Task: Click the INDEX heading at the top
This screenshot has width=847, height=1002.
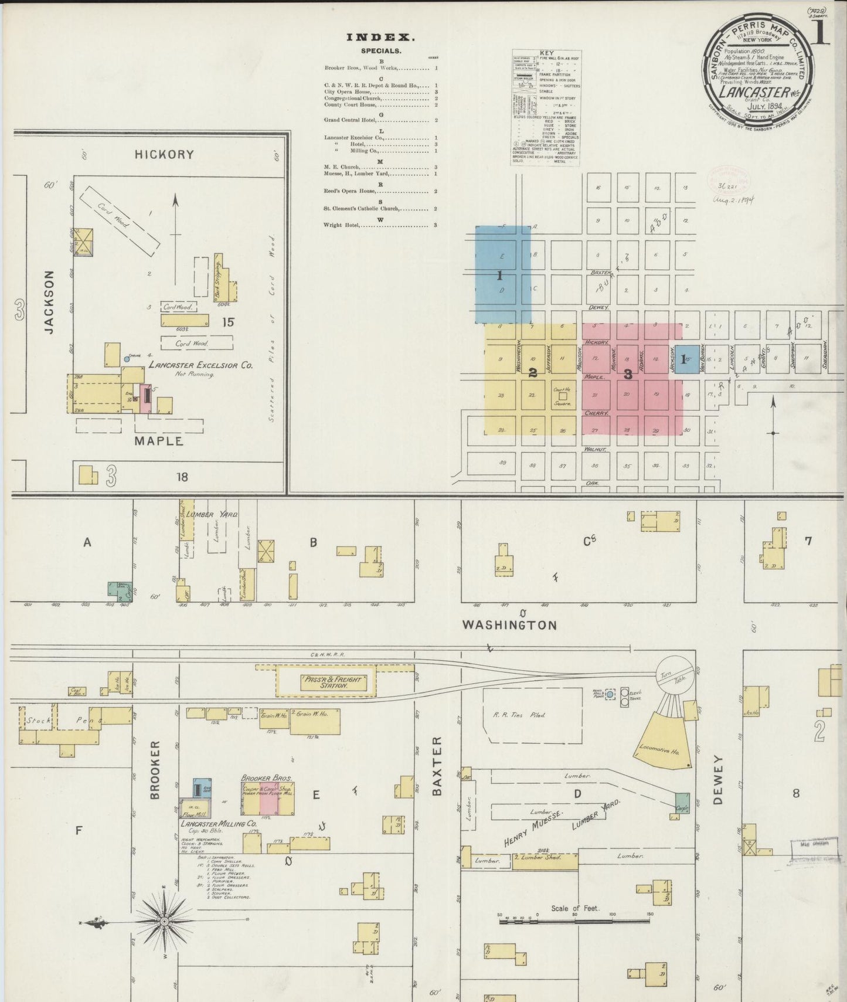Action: (x=380, y=38)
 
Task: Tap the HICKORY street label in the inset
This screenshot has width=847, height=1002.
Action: (x=164, y=154)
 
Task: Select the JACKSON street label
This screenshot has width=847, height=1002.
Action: (x=49, y=302)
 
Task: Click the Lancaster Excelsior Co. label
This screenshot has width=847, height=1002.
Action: (x=200, y=365)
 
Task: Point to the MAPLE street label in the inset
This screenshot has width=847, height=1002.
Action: (x=159, y=441)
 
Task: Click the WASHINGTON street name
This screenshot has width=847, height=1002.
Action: (x=509, y=625)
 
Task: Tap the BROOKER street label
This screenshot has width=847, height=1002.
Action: (x=155, y=770)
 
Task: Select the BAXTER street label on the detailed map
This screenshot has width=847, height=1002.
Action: (x=437, y=766)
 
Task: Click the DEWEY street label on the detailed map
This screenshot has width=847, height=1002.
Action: (x=719, y=780)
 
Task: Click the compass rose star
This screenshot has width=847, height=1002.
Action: (x=165, y=921)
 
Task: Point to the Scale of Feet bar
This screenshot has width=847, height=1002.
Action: (x=574, y=922)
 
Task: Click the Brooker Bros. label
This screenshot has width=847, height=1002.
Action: (x=266, y=777)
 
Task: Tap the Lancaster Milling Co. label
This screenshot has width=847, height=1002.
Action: (x=218, y=824)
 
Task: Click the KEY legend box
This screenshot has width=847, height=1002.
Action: (x=546, y=107)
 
